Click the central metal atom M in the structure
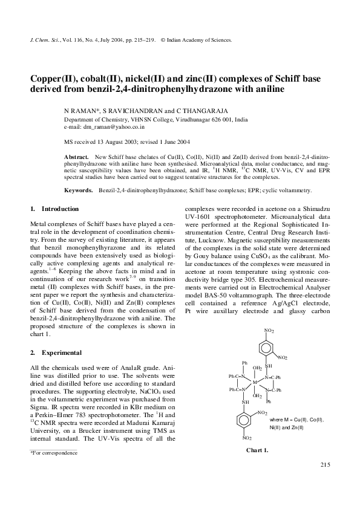255,382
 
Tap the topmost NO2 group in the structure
269,331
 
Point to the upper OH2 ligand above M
257,368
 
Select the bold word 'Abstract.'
76,157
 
